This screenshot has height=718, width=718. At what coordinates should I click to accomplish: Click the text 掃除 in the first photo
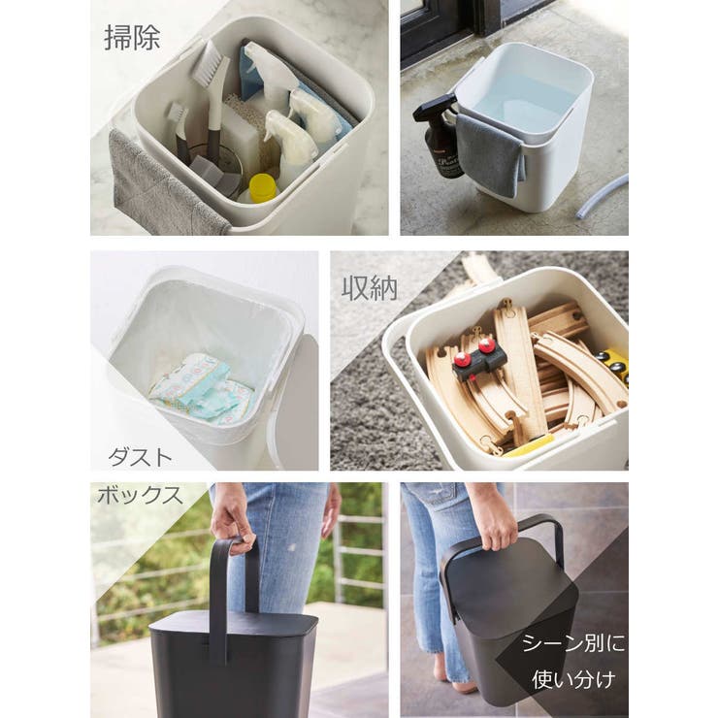tap(132, 38)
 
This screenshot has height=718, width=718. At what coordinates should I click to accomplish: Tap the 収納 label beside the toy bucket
tap(369, 288)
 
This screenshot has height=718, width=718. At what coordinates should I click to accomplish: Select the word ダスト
tap(140, 457)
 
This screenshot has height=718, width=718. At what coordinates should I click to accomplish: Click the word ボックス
tap(140, 495)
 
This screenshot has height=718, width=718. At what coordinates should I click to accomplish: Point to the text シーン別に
tap(573, 644)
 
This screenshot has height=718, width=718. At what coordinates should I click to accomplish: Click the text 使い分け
tap(573, 679)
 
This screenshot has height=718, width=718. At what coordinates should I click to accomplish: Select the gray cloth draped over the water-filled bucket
tap(491, 154)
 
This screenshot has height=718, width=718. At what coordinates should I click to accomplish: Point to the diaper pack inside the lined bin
tap(202, 387)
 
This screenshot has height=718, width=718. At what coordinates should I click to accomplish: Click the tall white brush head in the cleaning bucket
tap(211, 64)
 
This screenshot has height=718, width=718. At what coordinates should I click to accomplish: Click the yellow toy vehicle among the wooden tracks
tap(612, 364)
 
